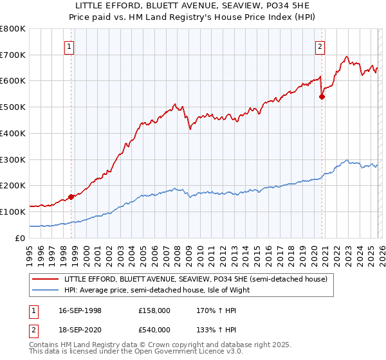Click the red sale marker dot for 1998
click(71, 197)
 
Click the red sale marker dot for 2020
click(322, 97)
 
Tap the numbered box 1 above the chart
click(69, 46)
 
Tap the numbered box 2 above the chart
click(320, 46)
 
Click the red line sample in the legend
click(47, 279)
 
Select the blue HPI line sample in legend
click(47, 290)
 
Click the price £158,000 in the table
click(154, 310)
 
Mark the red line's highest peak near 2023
click(347, 57)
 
